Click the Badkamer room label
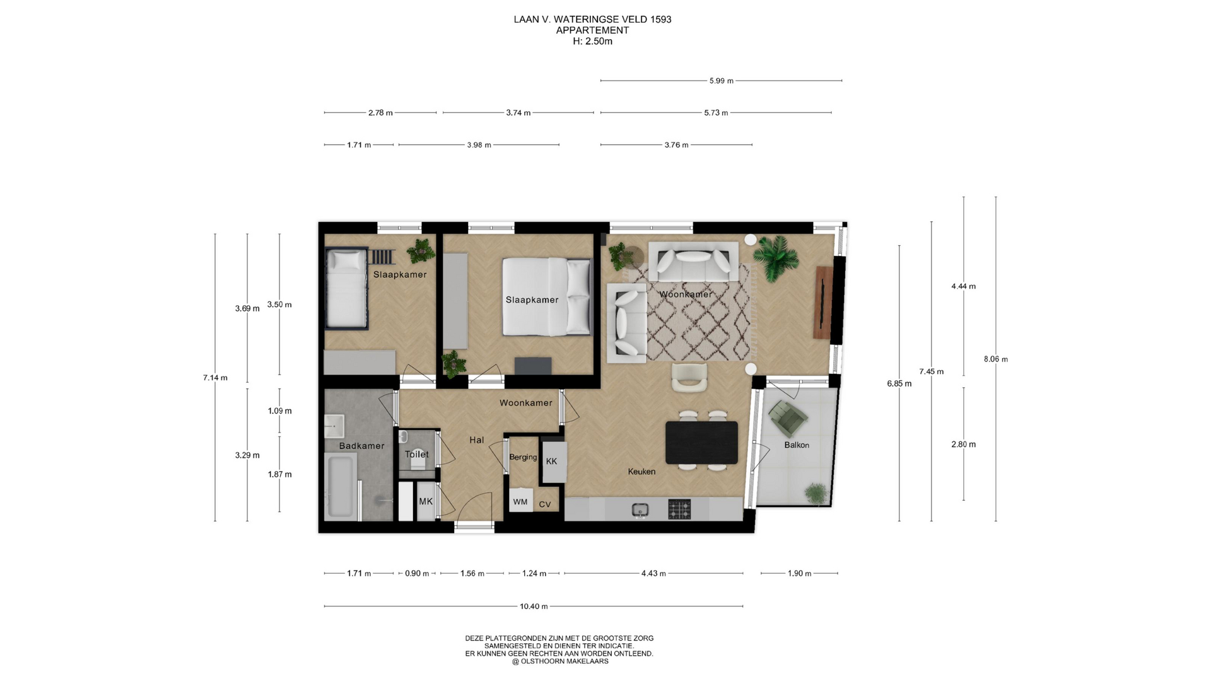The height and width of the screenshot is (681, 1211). click(x=361, y=446)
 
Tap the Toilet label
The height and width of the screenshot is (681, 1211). click(x=417, y=454)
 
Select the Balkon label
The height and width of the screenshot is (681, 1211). click(x=797, y=445)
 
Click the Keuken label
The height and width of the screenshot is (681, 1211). click(x=641, y=471)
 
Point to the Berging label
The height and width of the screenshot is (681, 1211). click(x=523, y=457)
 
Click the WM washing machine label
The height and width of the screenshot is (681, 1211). click(x=520, y=502)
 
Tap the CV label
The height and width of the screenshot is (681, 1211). click(x=545, y=504)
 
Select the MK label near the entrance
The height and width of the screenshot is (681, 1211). click(x=426, y=501)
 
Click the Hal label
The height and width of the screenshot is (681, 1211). click(x=477, y=440)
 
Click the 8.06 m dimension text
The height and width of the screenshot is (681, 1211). click(x=996, y=359)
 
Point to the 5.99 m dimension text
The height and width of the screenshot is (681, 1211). click(x=722, y=81)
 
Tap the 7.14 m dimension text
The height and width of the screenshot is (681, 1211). click(x=215, y=378)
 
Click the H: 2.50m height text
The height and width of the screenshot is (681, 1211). click(x=592, y=42)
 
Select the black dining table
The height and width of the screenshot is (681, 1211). click(x=701, y=442)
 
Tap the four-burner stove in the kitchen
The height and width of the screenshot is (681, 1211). click(x=679, y=509)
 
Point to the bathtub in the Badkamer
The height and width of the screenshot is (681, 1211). click(x=340, y=486)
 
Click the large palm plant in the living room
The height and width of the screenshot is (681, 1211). click(x=775, y=257)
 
